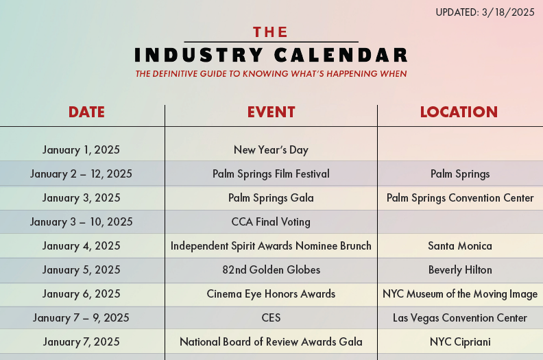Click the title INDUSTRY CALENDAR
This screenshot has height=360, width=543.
pos(271,55)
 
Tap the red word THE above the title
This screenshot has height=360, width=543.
pos(271,32)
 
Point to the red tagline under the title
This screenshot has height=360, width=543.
pos(271,73)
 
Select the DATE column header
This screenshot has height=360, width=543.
pos(86,112)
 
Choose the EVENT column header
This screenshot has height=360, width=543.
pos(271,112)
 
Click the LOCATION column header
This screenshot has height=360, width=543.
pos(459,112)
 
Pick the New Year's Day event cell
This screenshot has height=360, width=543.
pos(271,149)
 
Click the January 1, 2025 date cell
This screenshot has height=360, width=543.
pos(81,149)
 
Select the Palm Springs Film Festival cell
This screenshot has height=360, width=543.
pos(271,173)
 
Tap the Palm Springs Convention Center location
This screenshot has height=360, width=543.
pos(460,197)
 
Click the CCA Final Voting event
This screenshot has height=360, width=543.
pos(271,221)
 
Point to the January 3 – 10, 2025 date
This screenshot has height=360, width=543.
pos(81,221)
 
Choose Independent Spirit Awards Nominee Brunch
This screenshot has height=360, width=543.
pos(271,245)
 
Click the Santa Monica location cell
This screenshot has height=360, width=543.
pos(460,245)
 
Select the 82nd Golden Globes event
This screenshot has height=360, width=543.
pos(271,269)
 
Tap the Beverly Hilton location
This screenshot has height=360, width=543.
pos(460,269)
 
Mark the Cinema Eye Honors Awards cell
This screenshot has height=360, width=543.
pos(271,293)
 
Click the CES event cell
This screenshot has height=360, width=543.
pos(271,317)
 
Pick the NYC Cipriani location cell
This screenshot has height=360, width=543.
pos(460,341)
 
